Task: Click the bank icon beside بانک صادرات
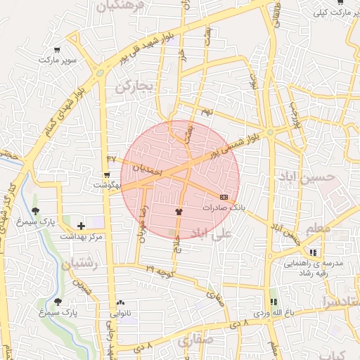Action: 224,197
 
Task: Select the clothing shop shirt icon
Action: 179,210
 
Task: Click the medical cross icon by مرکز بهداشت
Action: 81,226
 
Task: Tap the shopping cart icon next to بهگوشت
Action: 106,174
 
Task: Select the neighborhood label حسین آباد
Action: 321,177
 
